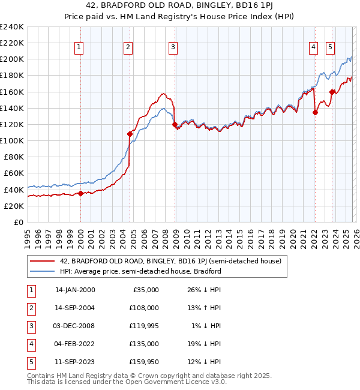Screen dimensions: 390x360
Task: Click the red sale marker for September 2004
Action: coord(130,134)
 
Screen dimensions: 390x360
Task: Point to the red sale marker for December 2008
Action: coord(175,124)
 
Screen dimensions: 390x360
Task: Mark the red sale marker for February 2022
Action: coord(315,112)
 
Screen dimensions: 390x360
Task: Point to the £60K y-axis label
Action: coord(13,173)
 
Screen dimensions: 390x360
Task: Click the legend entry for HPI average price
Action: coord(140,271)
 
